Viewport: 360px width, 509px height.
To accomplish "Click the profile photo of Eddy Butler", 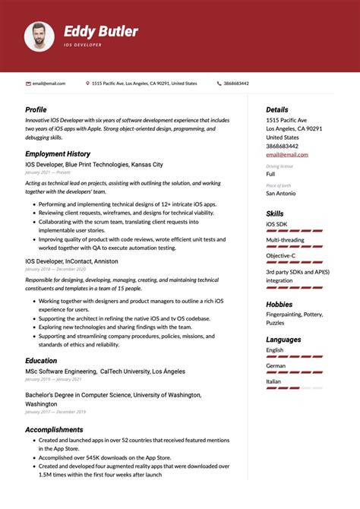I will tap(39, 36).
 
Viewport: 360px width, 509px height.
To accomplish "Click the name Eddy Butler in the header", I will tap(100, 31).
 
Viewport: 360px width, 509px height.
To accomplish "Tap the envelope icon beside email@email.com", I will tap(28, 84).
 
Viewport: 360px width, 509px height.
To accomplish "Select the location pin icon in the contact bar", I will tap(88, 84).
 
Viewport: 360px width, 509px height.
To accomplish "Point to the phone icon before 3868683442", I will tap(219, 84).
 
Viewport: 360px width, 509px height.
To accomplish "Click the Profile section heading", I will tap(36, 110).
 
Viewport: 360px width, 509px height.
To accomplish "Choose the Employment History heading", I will tap(57, 154).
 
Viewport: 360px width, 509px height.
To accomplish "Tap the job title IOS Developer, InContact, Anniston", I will tap(71, 261).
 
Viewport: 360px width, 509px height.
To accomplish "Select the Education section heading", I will tap(41, 361).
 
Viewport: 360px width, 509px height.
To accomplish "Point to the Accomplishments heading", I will tap(55, 430).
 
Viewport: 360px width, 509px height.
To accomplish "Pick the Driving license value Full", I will tap(270, 174).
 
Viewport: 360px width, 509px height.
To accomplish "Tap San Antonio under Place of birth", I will tap(280, 194).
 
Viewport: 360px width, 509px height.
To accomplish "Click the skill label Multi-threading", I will tap(286, 240).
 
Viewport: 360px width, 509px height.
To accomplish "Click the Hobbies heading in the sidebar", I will tap(279, 305).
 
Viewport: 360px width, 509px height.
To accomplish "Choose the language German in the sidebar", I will tap(276, 365).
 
